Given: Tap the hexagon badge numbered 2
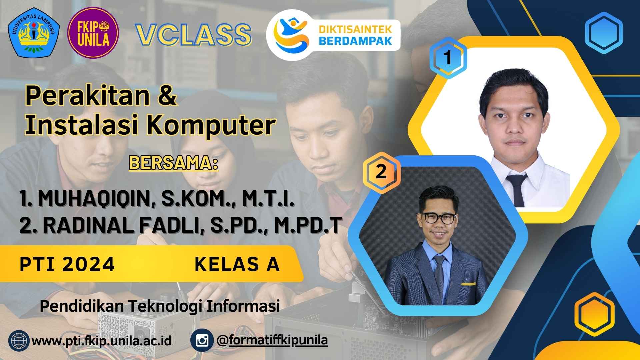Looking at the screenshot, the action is pos(381,172).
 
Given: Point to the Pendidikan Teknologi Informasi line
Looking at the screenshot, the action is pos(160,306).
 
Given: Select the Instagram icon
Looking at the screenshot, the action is pos(202,341).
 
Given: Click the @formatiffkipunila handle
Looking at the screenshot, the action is pos(272,341).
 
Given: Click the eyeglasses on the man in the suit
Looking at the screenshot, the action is pos(438,218).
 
